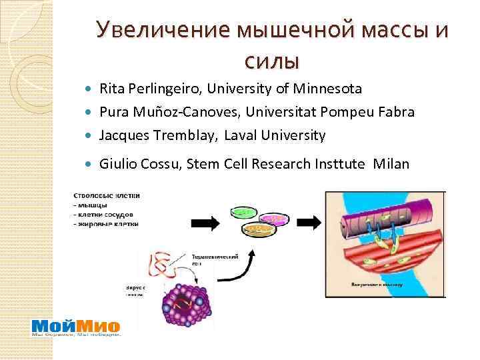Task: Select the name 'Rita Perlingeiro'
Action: (150, 89)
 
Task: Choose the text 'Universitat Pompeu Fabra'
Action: (333, 112)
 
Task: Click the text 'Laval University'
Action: (275, 135)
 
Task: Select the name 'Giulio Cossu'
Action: (137, 164)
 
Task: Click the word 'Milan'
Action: (393, 164)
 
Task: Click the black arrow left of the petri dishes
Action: (208, 224)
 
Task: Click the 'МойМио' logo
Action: (76, 327)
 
